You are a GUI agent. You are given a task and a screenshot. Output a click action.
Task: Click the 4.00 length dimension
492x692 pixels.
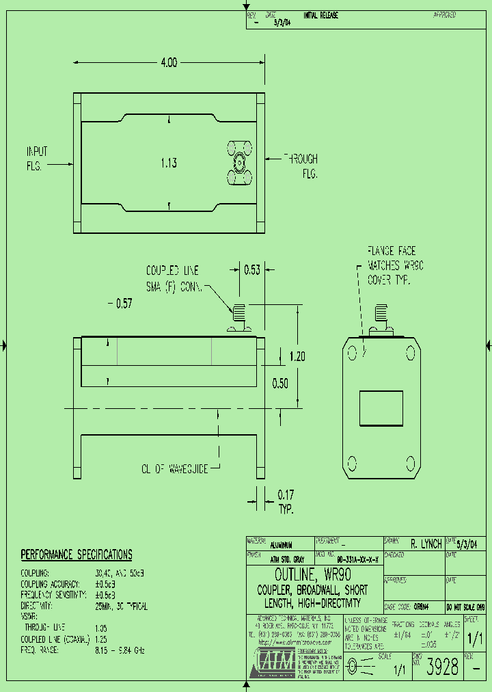169,63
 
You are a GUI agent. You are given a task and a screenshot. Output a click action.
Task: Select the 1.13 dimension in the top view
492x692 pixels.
169,163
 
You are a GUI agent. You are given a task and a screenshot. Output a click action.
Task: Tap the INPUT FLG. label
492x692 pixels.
36,158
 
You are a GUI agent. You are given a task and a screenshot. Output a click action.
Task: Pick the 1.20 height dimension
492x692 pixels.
297,356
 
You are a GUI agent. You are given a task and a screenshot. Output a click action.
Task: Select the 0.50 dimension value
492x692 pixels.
281,383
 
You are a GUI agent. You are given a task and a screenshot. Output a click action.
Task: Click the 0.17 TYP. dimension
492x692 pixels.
285,500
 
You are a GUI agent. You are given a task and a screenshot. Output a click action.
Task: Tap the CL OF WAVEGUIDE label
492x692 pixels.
174,468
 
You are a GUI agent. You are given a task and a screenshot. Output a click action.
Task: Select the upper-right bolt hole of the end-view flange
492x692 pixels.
410,354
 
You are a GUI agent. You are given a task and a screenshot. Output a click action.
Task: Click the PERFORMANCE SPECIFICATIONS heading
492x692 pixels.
76,555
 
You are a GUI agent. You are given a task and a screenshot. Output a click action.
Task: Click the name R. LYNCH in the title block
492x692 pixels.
426,544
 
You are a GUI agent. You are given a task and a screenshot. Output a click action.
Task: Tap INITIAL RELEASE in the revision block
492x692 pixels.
320,16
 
